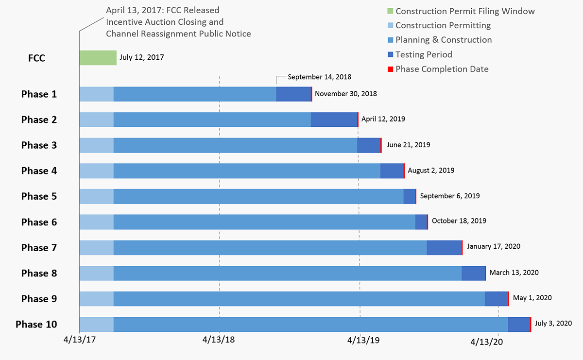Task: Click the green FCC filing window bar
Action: [98, 58]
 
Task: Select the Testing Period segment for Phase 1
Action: [293, 94]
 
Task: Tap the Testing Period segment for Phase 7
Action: [444, 248]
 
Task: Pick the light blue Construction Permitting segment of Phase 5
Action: [96, 196]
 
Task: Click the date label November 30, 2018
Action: [345, 94]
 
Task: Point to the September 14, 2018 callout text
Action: [319, 77]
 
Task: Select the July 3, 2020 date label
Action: [553, 323]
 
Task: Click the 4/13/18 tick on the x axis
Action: [219, 340]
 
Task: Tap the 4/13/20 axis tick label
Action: [487, 342]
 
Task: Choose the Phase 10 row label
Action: [36, 325]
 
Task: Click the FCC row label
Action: [37, 58]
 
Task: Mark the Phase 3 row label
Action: [39, 145]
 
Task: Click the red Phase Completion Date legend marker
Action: [390, 69]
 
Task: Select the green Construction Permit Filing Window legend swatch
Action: [390, 11]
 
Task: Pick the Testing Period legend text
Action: [424, 54]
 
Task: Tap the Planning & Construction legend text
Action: [444, 40]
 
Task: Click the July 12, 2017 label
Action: [142, 57]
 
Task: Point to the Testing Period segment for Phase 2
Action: [334, 120]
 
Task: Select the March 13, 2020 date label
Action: [514, 273]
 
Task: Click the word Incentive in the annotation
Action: [123, 22]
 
